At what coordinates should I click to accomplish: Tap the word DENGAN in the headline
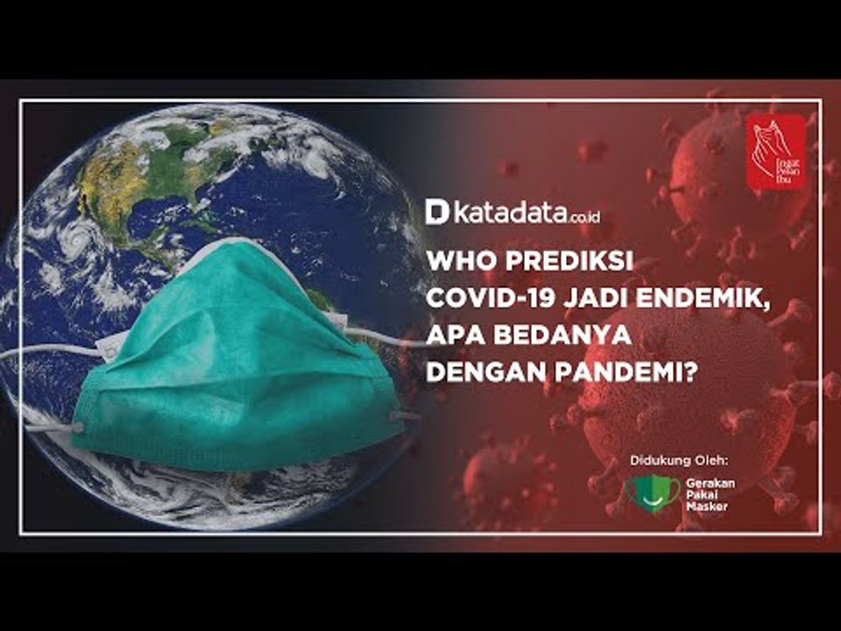[474, 372]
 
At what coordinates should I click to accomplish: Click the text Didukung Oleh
[679, 460]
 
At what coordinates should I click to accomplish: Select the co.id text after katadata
[585, 216]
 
